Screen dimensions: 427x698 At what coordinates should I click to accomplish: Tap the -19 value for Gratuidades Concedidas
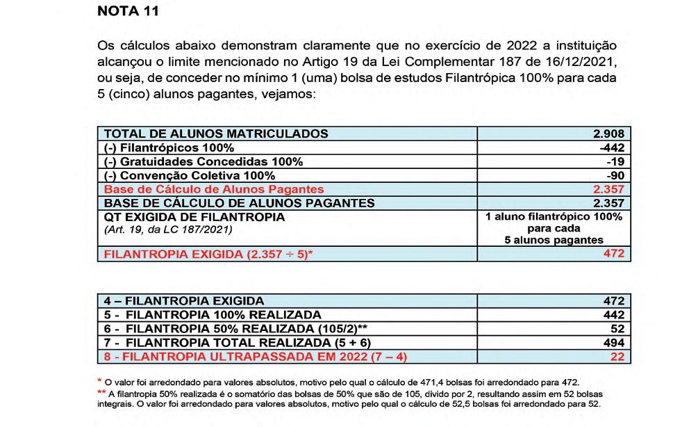point(619,161)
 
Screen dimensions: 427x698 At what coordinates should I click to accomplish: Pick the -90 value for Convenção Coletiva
point(618,175)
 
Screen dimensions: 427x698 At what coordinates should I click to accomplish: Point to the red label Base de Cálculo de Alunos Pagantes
point(214,189)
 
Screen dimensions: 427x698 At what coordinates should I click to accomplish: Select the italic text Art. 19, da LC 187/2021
point(167,229)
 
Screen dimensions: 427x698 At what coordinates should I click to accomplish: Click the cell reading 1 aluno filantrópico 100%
point(554,216)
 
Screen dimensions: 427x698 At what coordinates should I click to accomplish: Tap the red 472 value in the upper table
point(617,254)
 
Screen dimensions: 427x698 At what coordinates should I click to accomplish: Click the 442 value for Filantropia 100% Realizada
point(616,315)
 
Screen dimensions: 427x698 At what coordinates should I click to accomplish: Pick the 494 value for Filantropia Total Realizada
point(616,343)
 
